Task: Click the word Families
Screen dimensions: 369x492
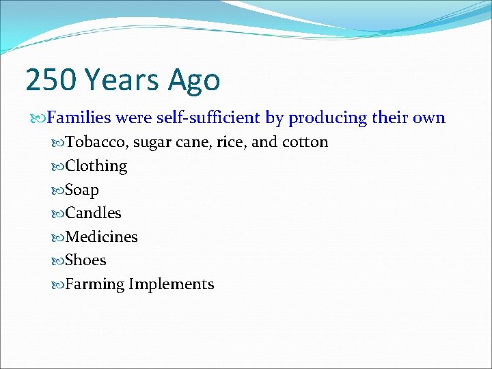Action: (x=79, y=118)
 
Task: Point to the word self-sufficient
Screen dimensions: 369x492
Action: (x=208, y=118)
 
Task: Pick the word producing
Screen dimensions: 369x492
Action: (x=328, y=118)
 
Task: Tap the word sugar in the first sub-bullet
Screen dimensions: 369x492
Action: (x=153, y=143)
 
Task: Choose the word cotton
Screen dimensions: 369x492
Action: (x=303, y=142)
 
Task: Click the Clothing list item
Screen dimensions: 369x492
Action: (x=96, y=166)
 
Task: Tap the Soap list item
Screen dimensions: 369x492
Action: (x=82, y=190)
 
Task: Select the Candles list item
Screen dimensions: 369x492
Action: (x=93, y=213)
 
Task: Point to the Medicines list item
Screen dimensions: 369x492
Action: (x=101, y=237)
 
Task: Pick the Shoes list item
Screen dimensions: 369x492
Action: (x=85, y=260)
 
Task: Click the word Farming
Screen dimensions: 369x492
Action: (x=94, y=284)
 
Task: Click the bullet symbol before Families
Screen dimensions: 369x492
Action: (x=38, y=118)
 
